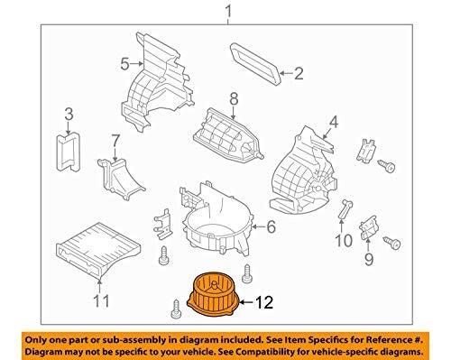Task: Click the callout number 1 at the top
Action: point(228,12)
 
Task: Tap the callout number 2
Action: point(299,73)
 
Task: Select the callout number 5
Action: point(124,64)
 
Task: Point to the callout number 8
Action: point(234,99)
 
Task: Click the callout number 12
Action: point(264,302)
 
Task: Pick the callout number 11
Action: point(101,300)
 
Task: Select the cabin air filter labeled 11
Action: point(98,248)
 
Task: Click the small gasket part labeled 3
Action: point(69,153)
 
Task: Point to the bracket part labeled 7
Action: point(120,178)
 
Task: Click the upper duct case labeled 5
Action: point(156,84)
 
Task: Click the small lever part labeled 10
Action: point(345,208)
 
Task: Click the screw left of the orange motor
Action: point(176,309)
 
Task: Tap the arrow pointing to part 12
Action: point(246,302)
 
